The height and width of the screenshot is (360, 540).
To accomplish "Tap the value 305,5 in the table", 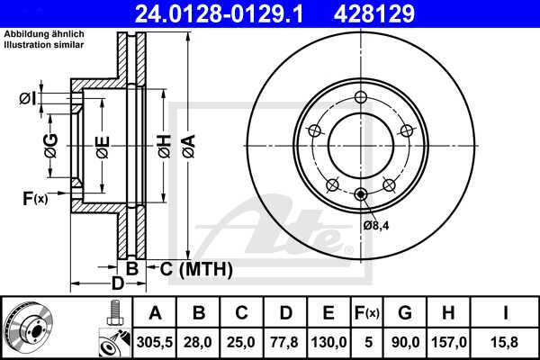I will pyautogui.click(x=155, y=342).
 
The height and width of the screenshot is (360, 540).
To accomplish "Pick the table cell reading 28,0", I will pyautogui.click(x=199, y=342).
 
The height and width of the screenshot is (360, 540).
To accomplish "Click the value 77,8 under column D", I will pyautogui.click(x=284, y=342).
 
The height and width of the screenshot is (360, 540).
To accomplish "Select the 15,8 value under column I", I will pyautogui.click(x=506, y=342).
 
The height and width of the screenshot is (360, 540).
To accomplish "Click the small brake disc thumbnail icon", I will pyautogui.click(x=27, y=328).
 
